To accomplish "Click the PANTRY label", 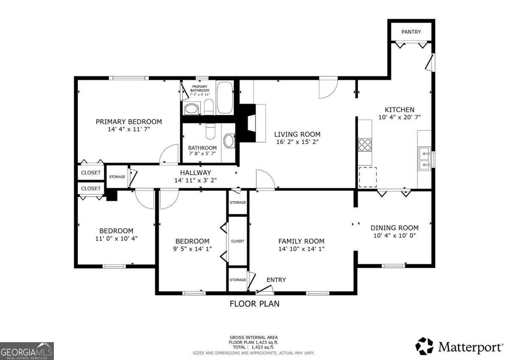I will point(411,32).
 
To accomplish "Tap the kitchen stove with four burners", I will point(365,145).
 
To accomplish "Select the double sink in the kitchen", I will point(424,158).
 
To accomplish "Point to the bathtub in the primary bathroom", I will point(225,98).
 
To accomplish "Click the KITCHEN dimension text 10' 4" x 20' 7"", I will point(399,118).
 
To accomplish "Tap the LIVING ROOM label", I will point(297,134).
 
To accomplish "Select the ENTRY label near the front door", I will point(276,280).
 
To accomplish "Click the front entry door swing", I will point(264,290).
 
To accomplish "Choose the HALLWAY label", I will point(195,172).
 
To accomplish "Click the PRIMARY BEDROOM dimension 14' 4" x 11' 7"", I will point(129,129).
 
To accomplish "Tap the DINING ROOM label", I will point(394,228).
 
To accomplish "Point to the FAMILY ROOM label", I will point(301,241).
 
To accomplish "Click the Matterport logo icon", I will point(424,346).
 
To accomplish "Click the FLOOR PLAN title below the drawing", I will point(255,304).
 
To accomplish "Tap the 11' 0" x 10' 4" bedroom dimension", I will point(116,239).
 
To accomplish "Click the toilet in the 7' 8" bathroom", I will point(210,132).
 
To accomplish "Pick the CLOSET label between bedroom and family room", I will point(238,241).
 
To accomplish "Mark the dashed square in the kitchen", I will point(368,177).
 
